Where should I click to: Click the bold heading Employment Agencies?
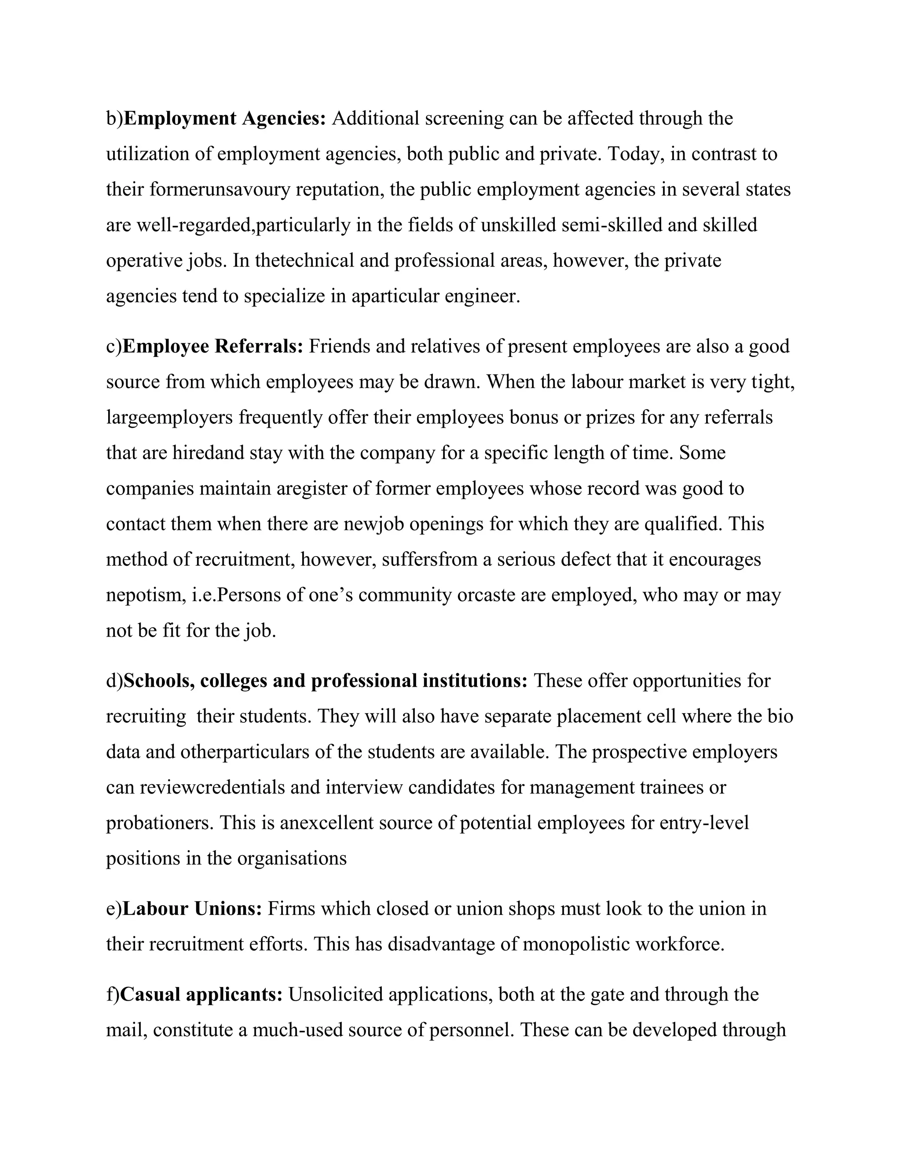coord(225,118)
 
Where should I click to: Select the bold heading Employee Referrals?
coord(213,347)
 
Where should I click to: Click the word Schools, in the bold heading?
coord(159,681)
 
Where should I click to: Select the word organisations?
coord(292,858)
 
